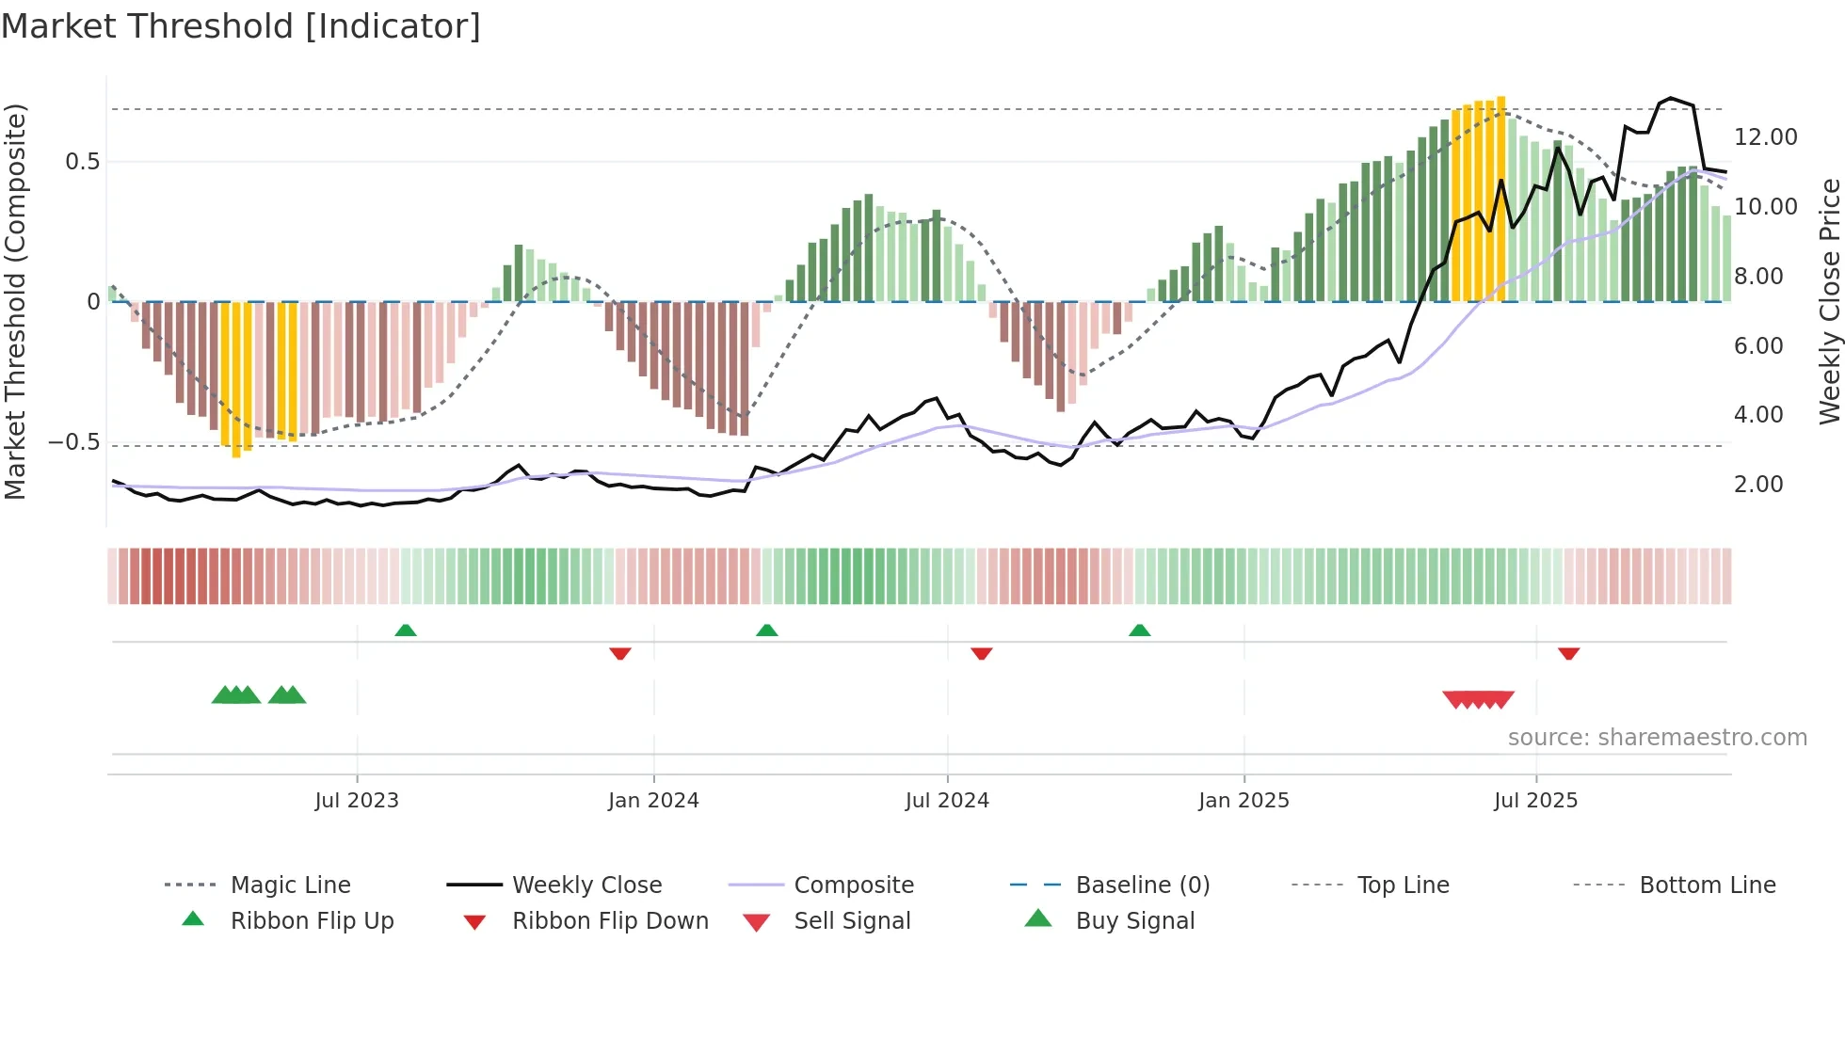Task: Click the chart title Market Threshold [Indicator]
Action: tap(241, 26)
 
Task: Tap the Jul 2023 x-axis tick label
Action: tap(357, 801)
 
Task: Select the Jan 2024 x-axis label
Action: tap(653, 801)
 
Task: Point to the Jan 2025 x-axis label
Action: tap(1243, 801)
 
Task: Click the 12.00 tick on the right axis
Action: tap(1765, 137)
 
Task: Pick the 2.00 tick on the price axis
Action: tap(1758, 485)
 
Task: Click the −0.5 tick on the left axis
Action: tap(74, 442)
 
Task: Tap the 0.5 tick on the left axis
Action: tap(82, 162)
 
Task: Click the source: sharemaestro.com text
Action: tap(1657, 738)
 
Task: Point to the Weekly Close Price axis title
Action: tap(1829, 301)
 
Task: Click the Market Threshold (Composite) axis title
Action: tap(15, 301)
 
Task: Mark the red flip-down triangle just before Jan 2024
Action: tap(619, 653)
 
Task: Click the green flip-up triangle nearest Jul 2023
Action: tap(406, 630)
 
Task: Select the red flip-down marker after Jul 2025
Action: tap(1568, 653)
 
